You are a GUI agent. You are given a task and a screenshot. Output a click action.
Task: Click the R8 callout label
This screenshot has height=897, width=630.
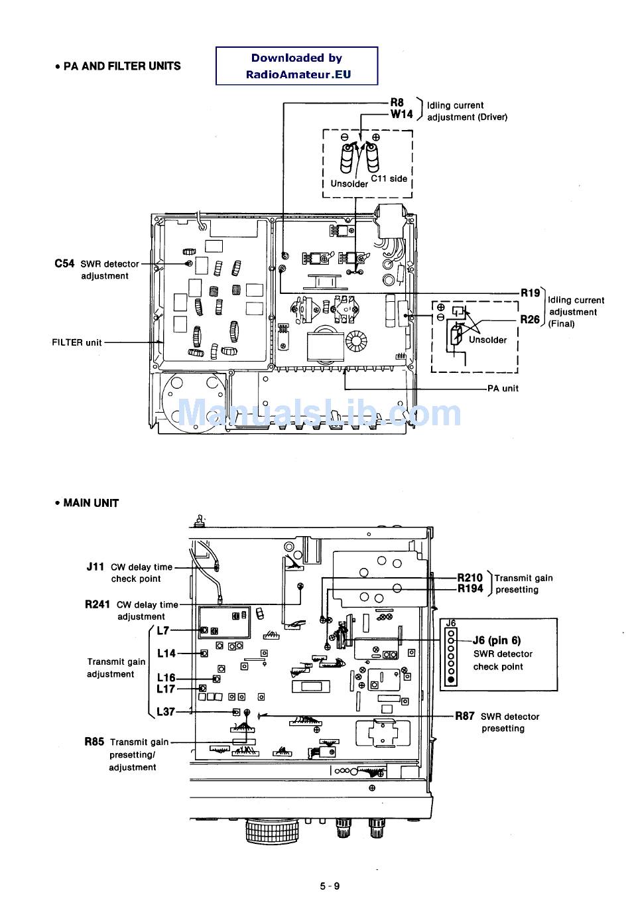pyautogui.click(x=397, y=103)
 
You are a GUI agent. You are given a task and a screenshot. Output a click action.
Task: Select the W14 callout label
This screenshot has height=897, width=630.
pyautogui.click(x=401, y=114)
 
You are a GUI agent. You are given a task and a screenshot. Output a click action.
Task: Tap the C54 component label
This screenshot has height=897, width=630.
pyautogui.click(x=64, y=263)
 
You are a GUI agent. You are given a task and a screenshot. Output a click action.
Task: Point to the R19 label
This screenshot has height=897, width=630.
pyautogui.click(x=530, y=293)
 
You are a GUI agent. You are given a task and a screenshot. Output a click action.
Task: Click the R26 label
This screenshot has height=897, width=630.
pyautogui.click(x=530, y=319)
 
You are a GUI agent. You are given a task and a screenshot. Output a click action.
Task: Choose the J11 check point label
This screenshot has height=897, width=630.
pyautogui.click(x=95, y=567)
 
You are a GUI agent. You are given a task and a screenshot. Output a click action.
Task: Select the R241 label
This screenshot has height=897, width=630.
pyautogui.click(x=97, y=604)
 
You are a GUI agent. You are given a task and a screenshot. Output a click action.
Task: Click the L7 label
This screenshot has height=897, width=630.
pyautogui.click(x=163, y=630)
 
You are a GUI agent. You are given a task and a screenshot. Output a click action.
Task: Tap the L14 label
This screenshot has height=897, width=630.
pyautogui.click(x=166, y=654)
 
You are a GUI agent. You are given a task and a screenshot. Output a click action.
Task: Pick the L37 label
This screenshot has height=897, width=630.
pyautogui.click(x=166, y=712)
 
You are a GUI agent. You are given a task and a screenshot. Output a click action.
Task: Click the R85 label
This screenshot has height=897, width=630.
pyautogui.click(x=94, y=742)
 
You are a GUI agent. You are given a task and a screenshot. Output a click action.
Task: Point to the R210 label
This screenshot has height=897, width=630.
pyautogui.click(x=470, y=578)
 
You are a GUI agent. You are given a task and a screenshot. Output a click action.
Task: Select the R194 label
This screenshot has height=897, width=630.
pyautogui.click(x=470, y=588)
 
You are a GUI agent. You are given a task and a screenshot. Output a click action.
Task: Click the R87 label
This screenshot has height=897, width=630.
pyautogui.click(x=465, y=717)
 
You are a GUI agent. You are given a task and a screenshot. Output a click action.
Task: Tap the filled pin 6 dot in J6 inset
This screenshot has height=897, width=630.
pyautogui.click(x=451, y=679)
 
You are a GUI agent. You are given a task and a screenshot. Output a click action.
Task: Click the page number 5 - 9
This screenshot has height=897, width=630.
pyautogui.click(x=330, y=886)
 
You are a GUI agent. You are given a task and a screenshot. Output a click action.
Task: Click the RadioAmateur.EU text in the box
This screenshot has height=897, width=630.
pyautogui.click(x=298, y=74)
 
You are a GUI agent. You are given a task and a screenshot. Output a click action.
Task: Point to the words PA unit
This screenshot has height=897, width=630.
pyautogui.click(x=503, y=388)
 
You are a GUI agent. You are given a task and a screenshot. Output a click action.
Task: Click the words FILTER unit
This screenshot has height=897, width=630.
pyautogui.click(x=77, y=342)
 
